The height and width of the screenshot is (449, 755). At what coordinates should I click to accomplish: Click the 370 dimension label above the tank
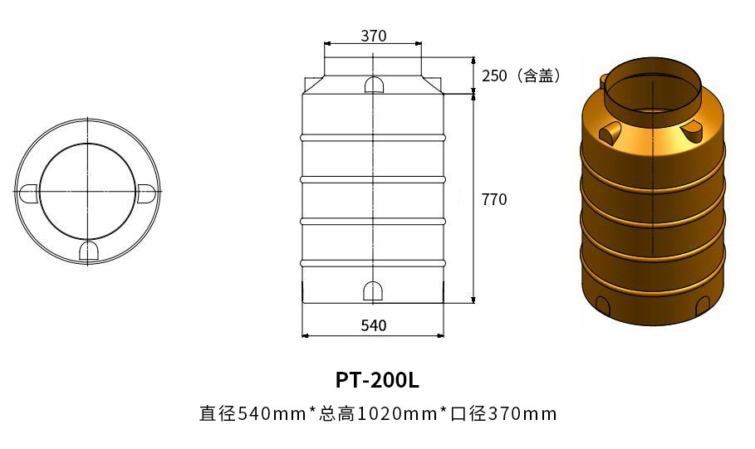click(374, 36)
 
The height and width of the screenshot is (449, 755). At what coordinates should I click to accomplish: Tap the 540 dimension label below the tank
click(374, 325)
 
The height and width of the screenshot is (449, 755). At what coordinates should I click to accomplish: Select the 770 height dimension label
click(493, 199)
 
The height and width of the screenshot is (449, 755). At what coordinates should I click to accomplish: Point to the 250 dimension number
click(494, 76)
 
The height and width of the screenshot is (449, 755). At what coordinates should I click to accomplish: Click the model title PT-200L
click(377, 380)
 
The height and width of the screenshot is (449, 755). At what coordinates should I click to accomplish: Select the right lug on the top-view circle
click(146, 193)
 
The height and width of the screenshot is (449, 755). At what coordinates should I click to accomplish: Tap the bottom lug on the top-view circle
click(87, 251)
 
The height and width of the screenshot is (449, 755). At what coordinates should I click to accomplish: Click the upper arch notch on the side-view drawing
click(374, 85)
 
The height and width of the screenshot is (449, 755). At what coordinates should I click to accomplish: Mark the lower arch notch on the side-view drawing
click(373, 290)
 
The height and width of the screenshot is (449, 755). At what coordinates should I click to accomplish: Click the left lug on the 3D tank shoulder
click(612, 131)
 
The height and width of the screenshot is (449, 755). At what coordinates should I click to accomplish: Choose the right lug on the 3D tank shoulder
click(691, 129)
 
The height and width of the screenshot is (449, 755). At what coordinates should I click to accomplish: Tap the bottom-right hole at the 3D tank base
click(703, 305)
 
